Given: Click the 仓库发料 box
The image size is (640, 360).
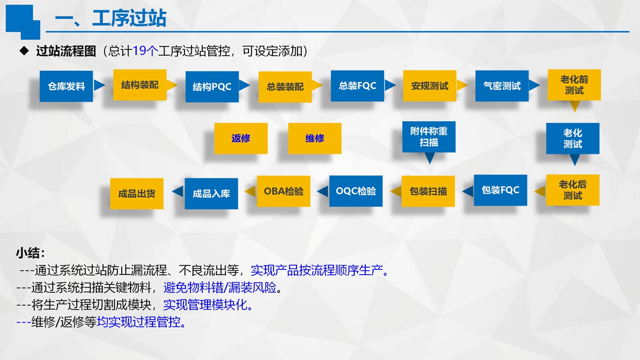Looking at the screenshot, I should click(66, 86).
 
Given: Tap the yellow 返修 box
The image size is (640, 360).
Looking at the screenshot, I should click(241, 139).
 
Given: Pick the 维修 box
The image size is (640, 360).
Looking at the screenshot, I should click(315, 139).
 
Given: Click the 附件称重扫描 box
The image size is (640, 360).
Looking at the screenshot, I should click(429, 137).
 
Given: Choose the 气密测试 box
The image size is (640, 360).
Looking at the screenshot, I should click(502, 86).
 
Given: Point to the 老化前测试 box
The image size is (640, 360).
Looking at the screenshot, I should click(574, 85).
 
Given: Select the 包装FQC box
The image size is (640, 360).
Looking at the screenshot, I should click(500, 190).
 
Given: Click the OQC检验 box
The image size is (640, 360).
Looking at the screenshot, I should click(356, 191).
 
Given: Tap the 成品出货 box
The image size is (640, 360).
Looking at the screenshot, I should click(137, 193).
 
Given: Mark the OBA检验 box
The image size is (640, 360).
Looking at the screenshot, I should click(283, 191).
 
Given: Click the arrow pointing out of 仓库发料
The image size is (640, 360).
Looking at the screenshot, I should click(99, 85).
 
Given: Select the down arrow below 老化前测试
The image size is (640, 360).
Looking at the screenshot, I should click(574, 107).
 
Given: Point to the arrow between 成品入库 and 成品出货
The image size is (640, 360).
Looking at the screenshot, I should click(178, 191).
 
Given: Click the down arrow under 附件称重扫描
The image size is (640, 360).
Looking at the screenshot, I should click(429, 159).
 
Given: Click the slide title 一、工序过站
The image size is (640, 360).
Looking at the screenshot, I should click(110, 19).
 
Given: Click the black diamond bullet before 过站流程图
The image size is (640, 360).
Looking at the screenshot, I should click(23, 51).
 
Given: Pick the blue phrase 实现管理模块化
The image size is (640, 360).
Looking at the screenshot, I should click(208, 306).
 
